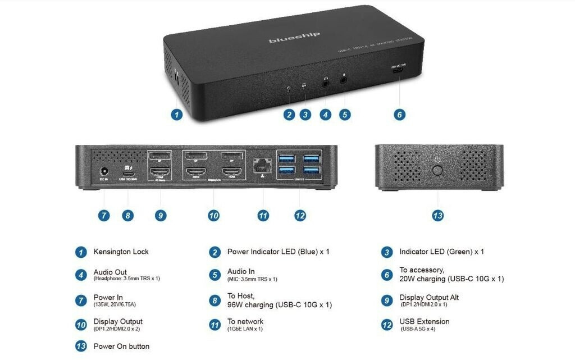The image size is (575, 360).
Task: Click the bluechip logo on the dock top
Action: click(x=294, y=38)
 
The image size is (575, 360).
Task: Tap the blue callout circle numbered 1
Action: click(x=176, y=115)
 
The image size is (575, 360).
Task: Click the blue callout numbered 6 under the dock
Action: click(x=399, y=115)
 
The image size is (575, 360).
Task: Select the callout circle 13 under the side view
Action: click(x=438, y=215)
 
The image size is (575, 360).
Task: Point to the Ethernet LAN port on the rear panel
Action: click(x=261, y=164)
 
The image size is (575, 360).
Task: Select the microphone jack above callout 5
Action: click(x=344, y=80)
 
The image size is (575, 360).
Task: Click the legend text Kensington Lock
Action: click(x=121, y=252)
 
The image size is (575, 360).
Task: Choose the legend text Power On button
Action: click(x=121, y=346)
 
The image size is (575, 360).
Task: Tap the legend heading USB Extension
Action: click(x=425, y=321)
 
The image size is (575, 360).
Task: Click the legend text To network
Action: click(x=245, y=321)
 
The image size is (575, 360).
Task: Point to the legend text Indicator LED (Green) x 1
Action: click(x=441, y=252)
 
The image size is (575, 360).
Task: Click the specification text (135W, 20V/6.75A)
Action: click(x=115, y=304)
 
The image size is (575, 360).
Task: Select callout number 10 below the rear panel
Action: click(x=213, y=215)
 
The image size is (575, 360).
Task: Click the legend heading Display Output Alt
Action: click(x=429, y=297)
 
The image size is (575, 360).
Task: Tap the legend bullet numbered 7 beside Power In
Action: click(x=81, y=300)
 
